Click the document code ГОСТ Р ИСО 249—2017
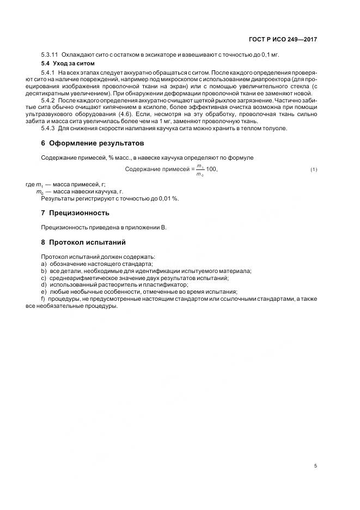click(x=284, y=40)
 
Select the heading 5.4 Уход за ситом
click(x=68, y=63)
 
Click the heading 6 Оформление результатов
click(x=92, y=144)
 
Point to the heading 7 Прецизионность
click(x=75, y=212)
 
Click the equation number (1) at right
click(x=314, y=170)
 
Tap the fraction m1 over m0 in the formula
click(x=200, y=170)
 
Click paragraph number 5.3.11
click(x=50, y=55)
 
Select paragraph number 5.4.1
click(x=48, y=72)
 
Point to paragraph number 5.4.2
click(x=48, y=101)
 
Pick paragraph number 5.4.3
click(x=48, y=129)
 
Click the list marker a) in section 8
click(x=44, y=263)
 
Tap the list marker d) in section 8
click(x=44, y=284)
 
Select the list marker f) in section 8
click(x=44, y=299)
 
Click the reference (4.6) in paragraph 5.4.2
click(x=125, y=115)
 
